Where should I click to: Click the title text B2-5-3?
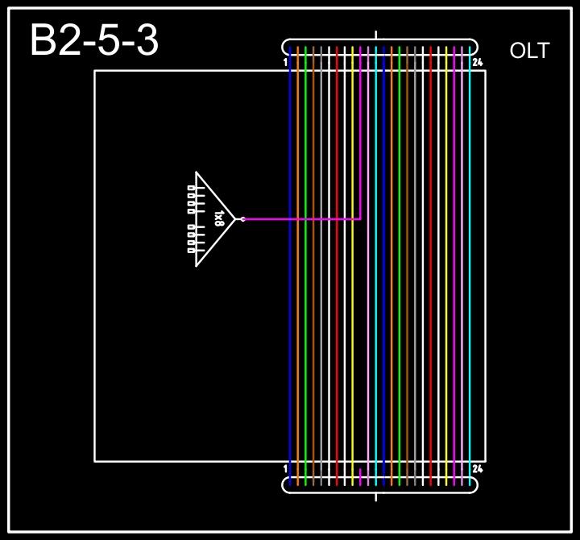94,40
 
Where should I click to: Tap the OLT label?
529,51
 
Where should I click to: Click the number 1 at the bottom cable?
286,468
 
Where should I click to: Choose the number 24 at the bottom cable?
477,468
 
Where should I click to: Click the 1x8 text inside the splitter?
218,218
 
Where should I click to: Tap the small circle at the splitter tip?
242,218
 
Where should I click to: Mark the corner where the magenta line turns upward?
360,218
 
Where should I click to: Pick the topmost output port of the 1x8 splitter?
192,188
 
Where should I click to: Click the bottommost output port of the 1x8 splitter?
192,250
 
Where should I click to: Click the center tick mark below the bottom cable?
376,496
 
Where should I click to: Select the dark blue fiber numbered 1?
290,322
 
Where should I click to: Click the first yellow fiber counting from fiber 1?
352,322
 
